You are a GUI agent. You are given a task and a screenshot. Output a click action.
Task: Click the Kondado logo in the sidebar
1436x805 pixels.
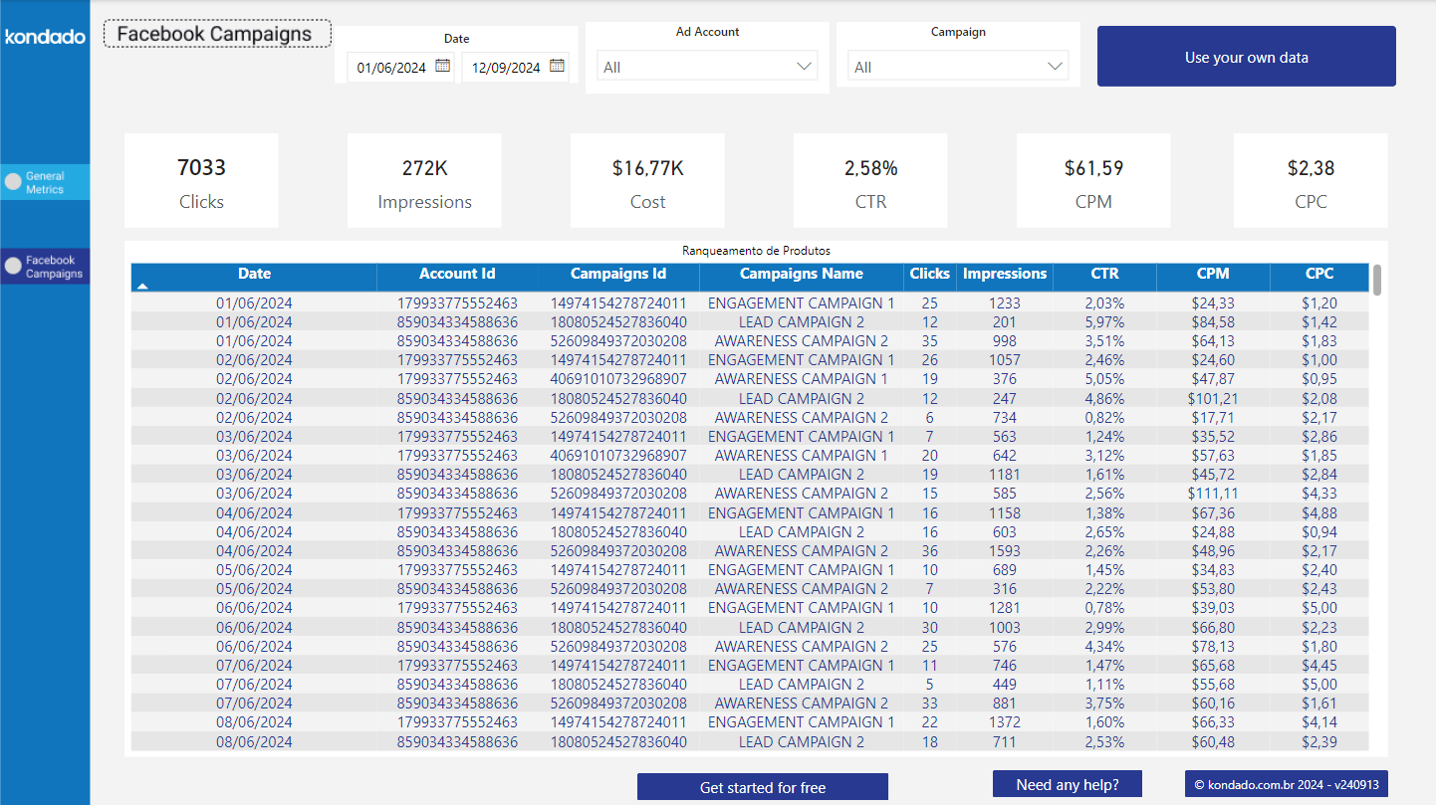click(45, 37)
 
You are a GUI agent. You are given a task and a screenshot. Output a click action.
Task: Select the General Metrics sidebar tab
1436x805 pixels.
click(45, 182)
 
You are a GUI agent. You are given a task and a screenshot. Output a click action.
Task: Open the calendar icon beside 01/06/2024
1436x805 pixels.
click(443, 67)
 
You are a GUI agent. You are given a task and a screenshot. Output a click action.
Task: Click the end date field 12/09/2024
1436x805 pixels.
click(506, 68)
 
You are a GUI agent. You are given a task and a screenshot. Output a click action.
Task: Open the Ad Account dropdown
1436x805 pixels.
click(707, 67)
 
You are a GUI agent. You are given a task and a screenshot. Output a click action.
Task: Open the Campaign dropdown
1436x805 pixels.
click(958, 67)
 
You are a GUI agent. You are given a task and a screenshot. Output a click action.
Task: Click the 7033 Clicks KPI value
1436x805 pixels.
click(201, 168)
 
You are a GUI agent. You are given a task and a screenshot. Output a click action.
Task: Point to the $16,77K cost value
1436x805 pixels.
click(647, 168)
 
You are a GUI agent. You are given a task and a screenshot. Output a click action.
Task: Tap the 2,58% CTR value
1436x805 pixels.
click(870, 168)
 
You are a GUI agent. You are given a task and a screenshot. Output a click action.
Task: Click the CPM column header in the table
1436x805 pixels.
click(1212, 274)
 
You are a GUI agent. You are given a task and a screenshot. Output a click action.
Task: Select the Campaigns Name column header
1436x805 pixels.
click(801, 274)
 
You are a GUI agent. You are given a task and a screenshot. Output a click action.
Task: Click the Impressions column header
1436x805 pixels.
click(1005, 274)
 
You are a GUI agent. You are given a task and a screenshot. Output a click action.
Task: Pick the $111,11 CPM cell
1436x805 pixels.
click(1212, 494)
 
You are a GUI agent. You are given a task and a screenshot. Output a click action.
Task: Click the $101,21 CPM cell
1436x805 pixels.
click(1212, 398)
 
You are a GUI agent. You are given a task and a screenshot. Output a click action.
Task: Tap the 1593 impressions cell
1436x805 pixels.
click(1005, 550)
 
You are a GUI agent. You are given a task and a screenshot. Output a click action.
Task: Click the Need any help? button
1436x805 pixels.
click(1067, 784)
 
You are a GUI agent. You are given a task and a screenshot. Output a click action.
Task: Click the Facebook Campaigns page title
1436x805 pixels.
click(215, 34)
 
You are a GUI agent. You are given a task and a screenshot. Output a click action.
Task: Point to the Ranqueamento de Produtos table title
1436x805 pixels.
click(756, 251)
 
